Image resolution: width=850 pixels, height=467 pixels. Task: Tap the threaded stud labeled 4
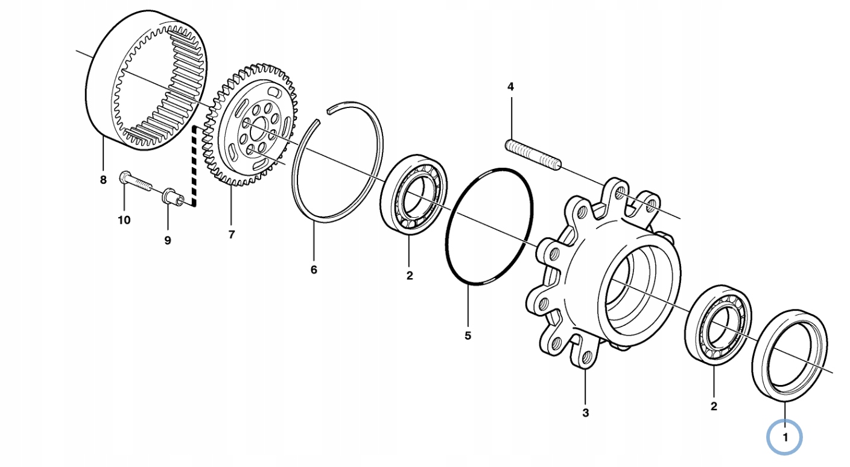533,154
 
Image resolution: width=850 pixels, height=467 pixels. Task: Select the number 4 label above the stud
510,87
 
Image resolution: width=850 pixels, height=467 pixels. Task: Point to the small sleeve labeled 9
171,197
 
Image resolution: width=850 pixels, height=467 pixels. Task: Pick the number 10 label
124,220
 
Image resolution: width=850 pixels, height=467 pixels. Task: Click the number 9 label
168,240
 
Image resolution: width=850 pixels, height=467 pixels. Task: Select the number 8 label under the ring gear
103,180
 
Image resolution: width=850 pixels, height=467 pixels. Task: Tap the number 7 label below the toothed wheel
232,235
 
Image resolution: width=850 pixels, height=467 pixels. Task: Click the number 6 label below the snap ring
314,270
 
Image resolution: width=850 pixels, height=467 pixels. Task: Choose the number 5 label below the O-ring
468,335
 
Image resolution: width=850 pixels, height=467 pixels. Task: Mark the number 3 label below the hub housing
585,413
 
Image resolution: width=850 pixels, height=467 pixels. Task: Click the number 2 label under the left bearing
410,276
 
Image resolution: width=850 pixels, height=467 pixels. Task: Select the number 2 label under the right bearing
714,406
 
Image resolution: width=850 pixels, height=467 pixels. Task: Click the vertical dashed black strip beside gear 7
195,166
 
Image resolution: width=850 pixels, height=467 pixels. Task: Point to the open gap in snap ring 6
322,115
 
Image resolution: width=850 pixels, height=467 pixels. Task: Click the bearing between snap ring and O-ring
413,195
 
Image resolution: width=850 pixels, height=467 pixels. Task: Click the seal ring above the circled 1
790,354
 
